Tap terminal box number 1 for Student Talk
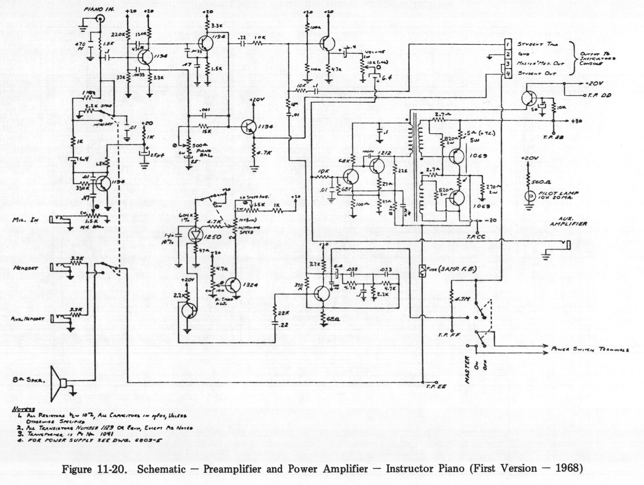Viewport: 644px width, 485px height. tap(508, 44)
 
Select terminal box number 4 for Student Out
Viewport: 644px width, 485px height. tap(508, 74)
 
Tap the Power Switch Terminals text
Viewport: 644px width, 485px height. tap(590, 350)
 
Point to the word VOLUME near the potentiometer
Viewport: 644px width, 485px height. tap(375, 52)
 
